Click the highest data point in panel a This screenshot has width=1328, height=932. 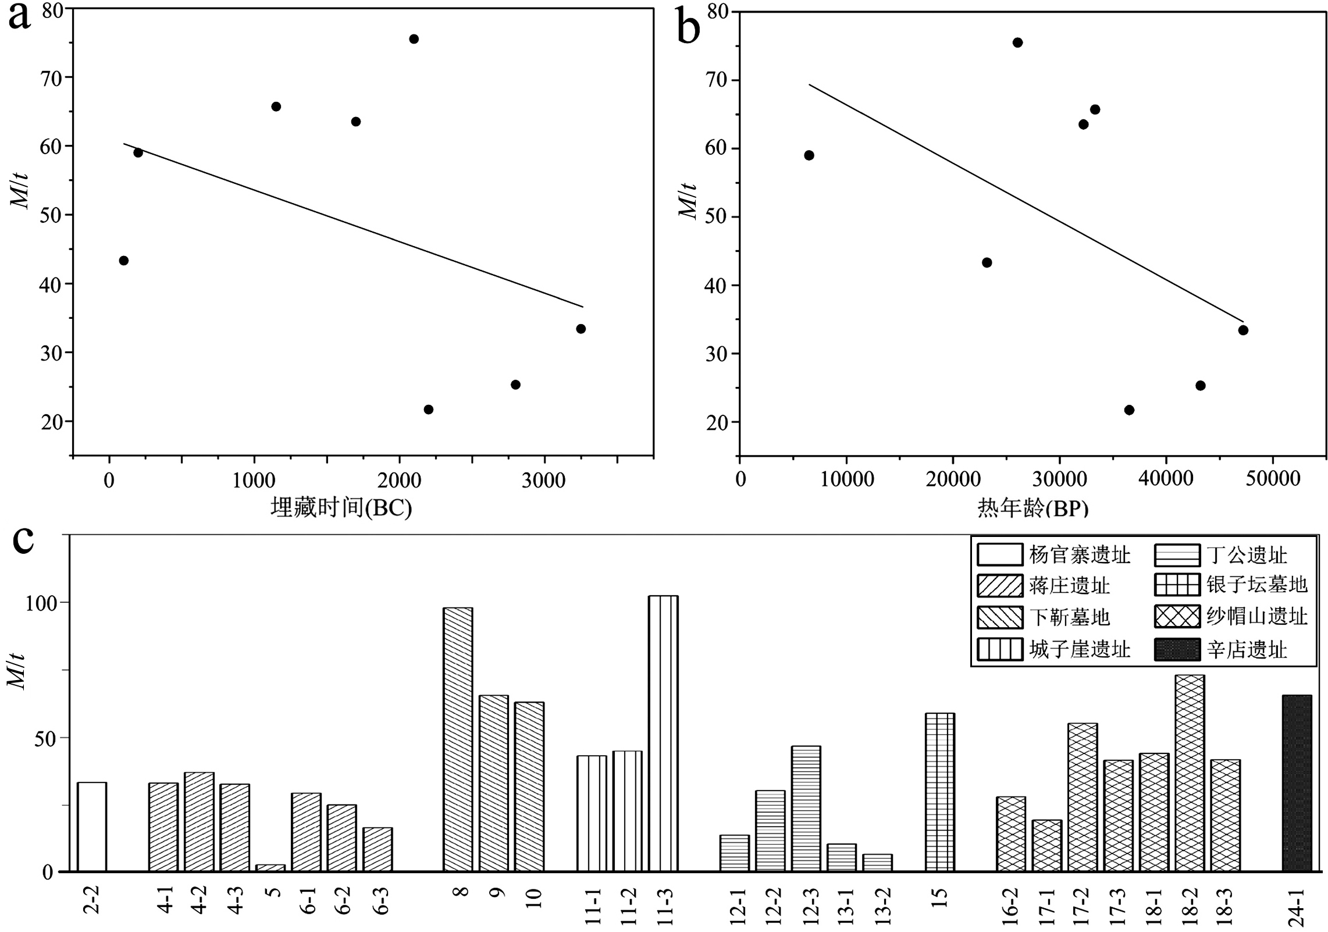pyautogui.click(x=414, y=39)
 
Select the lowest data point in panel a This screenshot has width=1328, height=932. pyautogui.click(x=428, y=410)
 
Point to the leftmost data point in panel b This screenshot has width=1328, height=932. pyautogui.click(x=809, y=155)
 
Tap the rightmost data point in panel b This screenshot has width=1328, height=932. pyautogui.click(x=1243, y=330)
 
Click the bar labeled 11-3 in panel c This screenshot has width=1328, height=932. pyautogui.click(x=663, y=733)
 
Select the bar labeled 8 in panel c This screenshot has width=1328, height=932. pyautogui.click(x=458, y=739)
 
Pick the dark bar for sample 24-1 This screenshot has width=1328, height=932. pyautogui.click(x=1297, y=782)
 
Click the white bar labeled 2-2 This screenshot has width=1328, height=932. pyautogui.click(x=92, y=826)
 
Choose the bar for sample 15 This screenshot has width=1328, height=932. pyautogui.click(x=939, y=792)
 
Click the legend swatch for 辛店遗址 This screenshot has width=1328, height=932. pyautogui.click(x=1177, y=650)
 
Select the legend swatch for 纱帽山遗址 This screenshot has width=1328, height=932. pyautogui.click(x=1177, y=617)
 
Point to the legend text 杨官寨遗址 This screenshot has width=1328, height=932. pyautogui.click(x=1079, y=555)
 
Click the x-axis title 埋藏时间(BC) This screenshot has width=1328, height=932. pyautogui.click(x=341, y=508)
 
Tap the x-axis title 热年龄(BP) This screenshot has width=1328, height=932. pyautogui.click(x=1033, y=508)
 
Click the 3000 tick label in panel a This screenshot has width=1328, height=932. pyautogui.click(x=543, y=481)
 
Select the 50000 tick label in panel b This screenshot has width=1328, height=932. pyautogui.click(x=1272, y=479)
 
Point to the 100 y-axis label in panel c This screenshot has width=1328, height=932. pyautogui.click(x=41, y=603)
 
